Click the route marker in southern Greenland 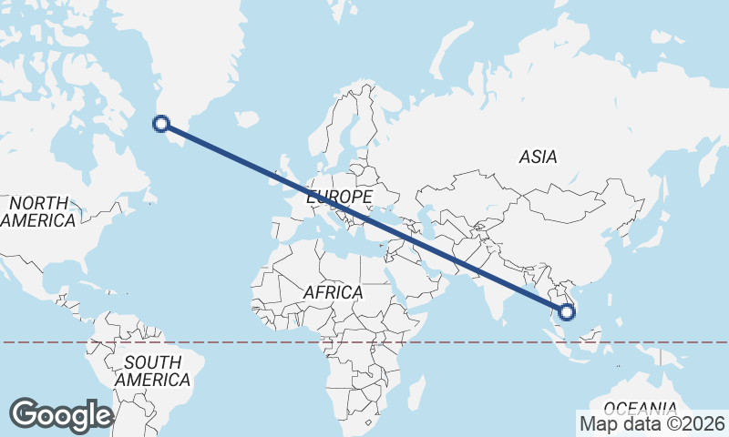tap(161, 124)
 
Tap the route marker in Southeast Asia tap(567, 312)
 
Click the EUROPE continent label tap(339, 197)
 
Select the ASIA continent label tap(538, 157)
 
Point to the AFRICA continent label tap(333, 293)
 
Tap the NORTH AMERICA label tap(38, 211)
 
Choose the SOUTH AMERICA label tap(153, 371)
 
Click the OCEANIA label tap(641, 407)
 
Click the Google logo tap(61, 415)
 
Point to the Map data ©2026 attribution tap(652, 423)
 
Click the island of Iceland tap(247, 118)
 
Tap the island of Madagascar tap(416, 391)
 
